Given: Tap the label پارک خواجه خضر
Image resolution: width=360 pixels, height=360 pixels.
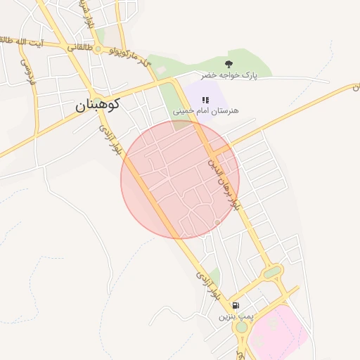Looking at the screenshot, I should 229,75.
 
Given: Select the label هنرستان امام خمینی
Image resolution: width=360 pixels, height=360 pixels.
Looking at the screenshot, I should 206,111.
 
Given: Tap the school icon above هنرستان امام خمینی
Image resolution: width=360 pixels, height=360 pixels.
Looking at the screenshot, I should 206,100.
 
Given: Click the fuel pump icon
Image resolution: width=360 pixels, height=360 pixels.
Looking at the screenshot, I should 235,305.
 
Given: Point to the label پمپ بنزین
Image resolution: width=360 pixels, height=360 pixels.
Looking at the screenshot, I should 235,316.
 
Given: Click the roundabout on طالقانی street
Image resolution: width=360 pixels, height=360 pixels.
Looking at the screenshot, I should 98,49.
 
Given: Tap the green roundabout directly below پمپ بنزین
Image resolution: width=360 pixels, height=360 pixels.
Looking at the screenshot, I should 241,327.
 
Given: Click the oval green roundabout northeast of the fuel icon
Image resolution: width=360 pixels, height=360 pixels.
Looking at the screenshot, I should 272,271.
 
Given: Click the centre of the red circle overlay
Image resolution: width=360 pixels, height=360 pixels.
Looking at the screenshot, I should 180,179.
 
